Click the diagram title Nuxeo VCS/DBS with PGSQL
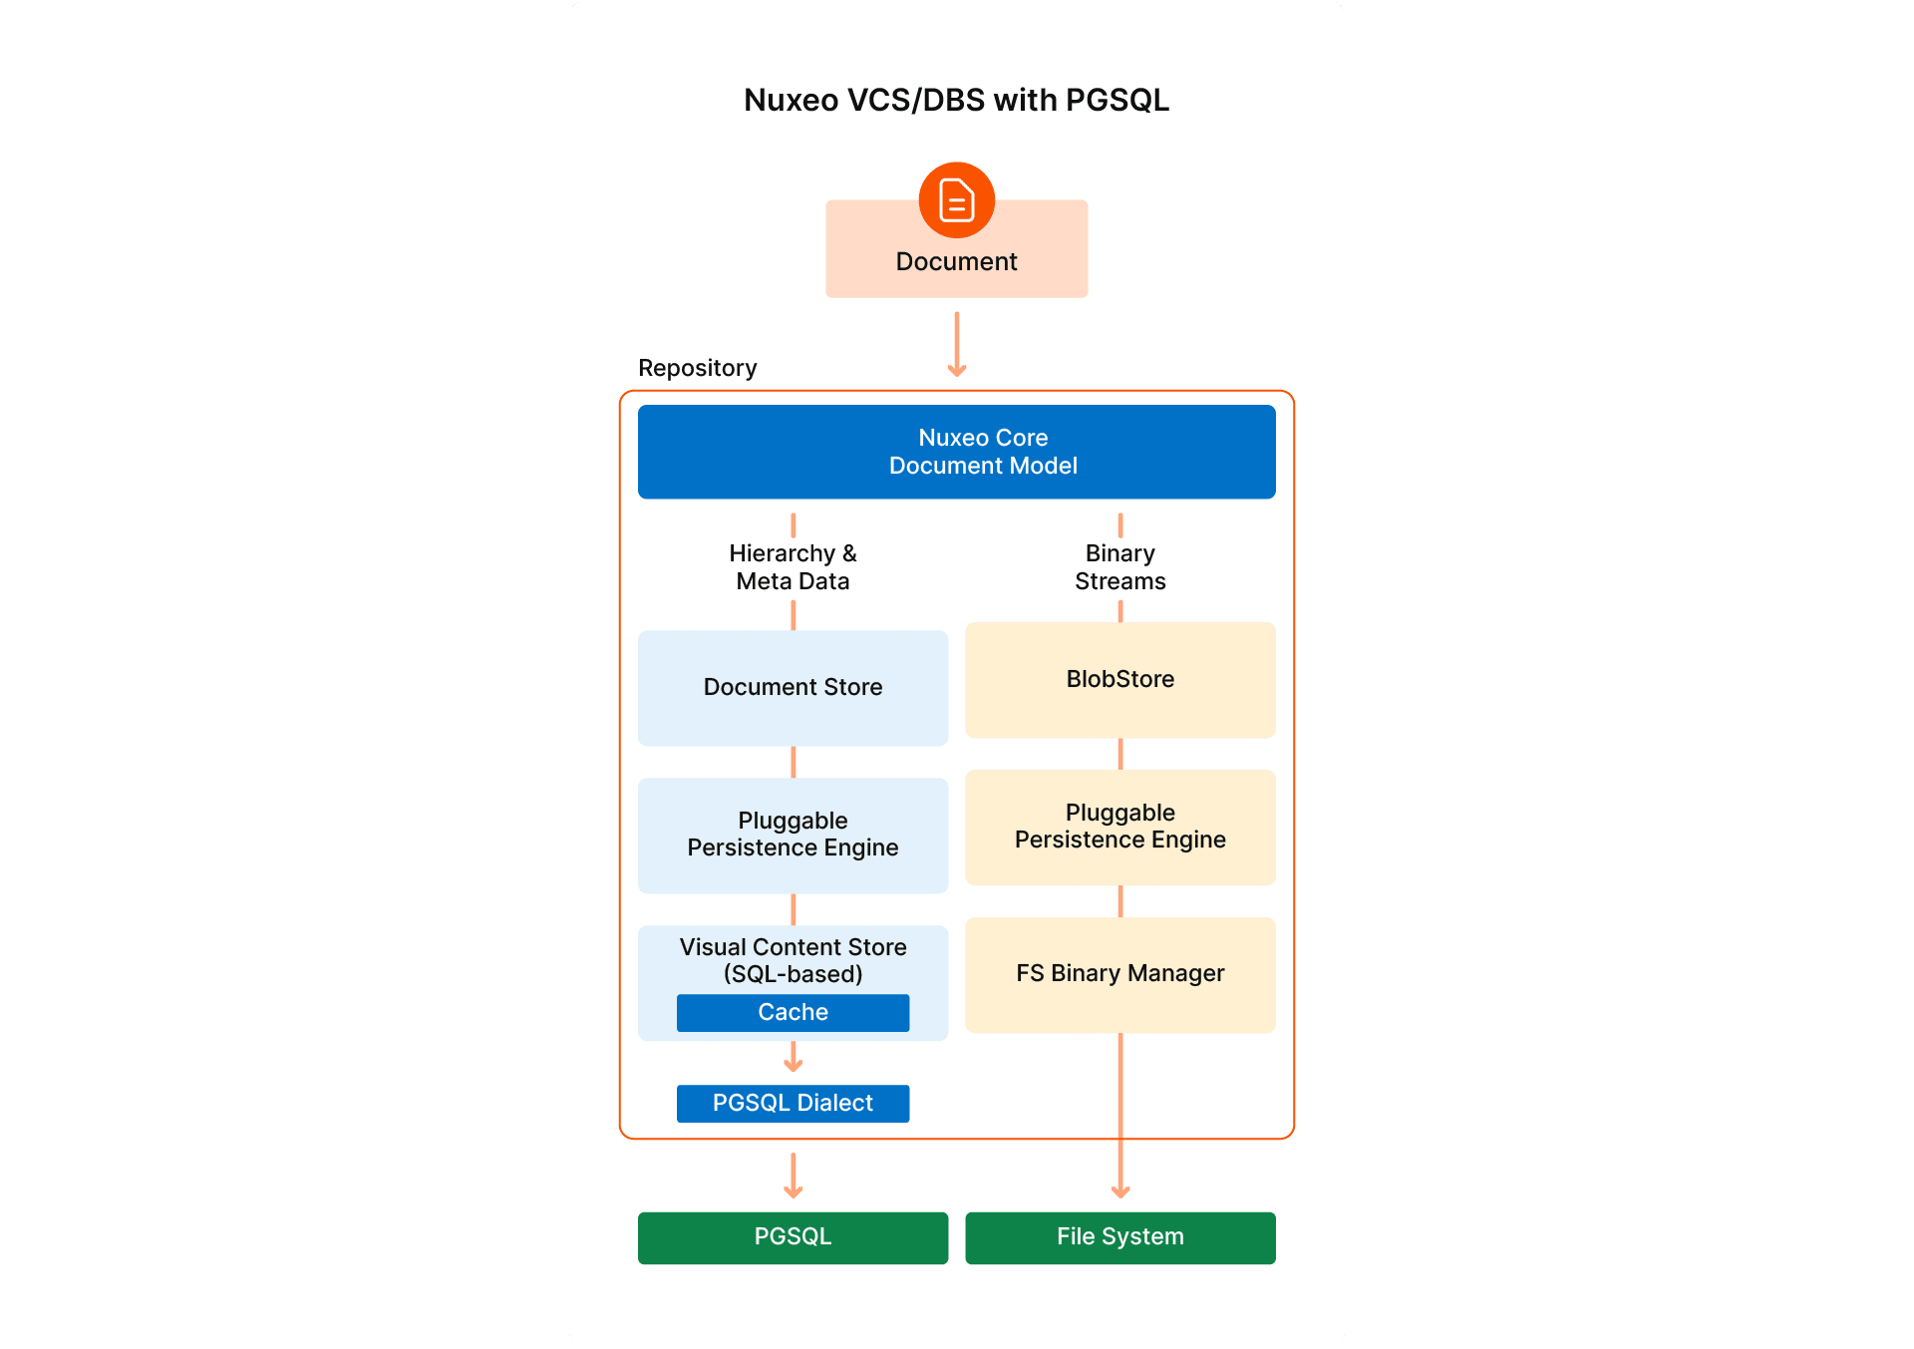pyautogui.click(x=956, y=100)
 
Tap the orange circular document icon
pyautogui.click(x=956, y=199)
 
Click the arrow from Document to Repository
pyautogui.click(x=956, y=344)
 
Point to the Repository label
pyautogui.click(x=697, y=368)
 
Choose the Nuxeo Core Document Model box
pyautogui.click(x=956, y=452)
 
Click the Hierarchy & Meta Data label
pyautogui.click(x=793, y=567)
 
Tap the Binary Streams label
pyautogui.click(x=1119, y=567)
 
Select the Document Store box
pyautogui.click(x=793, y=687)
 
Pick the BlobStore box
pyautogui.click(x=1119, y=679)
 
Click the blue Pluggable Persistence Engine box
pyautogui.click(x=793, y=835)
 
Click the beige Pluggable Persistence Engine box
pyautogui.click(x=1119, y=827)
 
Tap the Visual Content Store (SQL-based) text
pyautogui.click(x=793, y=960)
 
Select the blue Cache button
pyautogui.click(x=793, y=1012)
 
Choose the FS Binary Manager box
pyautogui.click(x=1119, y=973)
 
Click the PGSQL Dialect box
pyautogui.click(x=793, y=1103)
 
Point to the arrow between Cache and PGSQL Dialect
pyautogui.click(x=793, y=1058)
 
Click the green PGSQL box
pyautogui.click(x=793, y=1237)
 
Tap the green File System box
pyautogui.click(x=1119, y=1237)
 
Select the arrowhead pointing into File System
pyautogui.click(x=1119, y=1191)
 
